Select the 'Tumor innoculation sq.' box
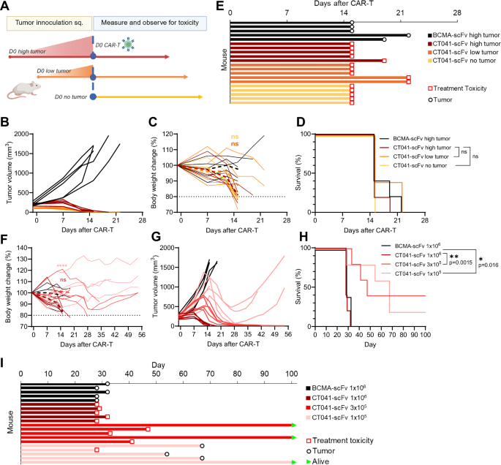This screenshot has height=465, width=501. click(50, 23)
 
